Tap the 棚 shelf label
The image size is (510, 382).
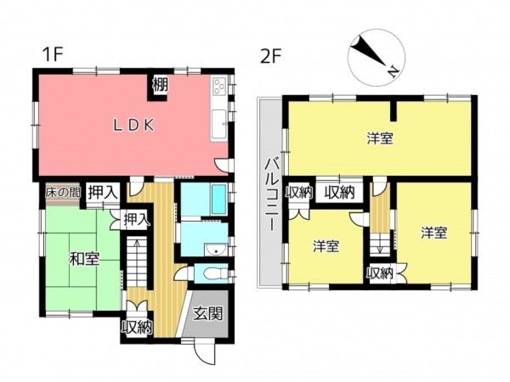[x=160, y=84]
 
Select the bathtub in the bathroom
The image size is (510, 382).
[x=205, y=200]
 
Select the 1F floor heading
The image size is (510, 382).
[x=54, y=55]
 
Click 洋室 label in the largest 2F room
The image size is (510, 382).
[x=379, y=138]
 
